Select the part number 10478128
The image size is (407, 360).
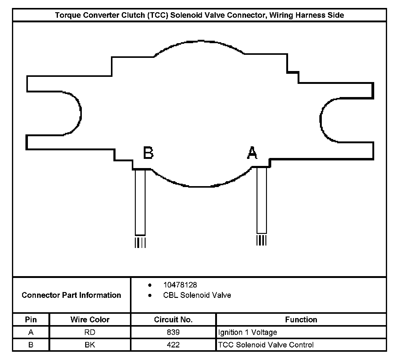(180, 285)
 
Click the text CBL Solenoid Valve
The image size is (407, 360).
(197, 295)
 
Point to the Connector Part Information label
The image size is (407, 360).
(71, 295)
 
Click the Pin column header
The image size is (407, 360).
(31, 320)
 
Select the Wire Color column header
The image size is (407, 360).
(90, 320)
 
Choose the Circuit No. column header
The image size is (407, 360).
(173, 320)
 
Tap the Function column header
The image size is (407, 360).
(301, 320)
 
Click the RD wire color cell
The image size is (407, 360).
(90, 332)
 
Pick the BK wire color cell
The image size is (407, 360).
(90, 345)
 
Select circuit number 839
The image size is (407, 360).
(173, 332)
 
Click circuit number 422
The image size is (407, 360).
(173, 345)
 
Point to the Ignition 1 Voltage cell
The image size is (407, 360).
(247, 332)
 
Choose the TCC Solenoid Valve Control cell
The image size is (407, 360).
(266, 345)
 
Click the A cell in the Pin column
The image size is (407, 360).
(31, 332)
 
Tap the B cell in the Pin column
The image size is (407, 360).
(31, 345)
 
